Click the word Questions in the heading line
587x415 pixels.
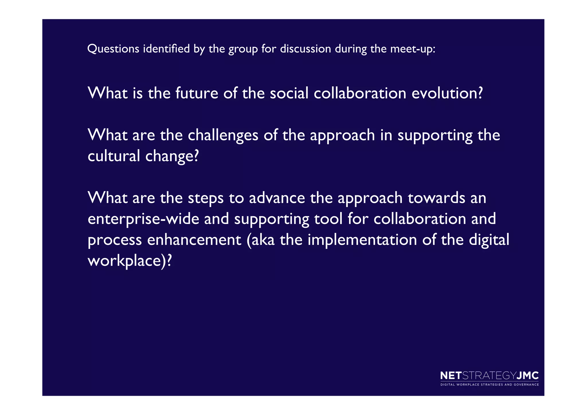point(113,49)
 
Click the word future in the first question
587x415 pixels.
point(197,93)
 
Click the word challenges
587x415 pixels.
point(223,135)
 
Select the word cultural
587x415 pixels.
point(114,156)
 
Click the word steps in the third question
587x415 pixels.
point(206,198)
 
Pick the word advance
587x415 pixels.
point(277,198)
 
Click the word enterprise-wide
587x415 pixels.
point(143,219)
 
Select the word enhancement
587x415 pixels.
point(194,240)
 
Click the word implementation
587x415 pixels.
point(362,240)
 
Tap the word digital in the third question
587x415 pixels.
point(489,240)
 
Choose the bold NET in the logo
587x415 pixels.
point(451,376)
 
